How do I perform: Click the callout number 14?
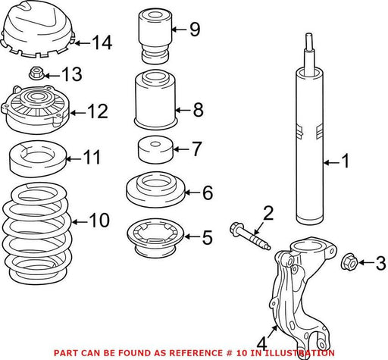pyautogui.click(x=102, y=42)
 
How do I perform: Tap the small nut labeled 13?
pyautogui.click(x=36, y=73)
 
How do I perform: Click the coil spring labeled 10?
pyautogui.click(x=37, y=233)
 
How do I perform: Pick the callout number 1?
pyautogui.click(x=345, y=161)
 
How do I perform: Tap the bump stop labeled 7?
pyautogui.click(x=155, y=150)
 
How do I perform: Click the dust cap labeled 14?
pyautogui.click(x=39, y=28)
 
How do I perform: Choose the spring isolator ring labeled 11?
pyautogui.click(x=38, y=158)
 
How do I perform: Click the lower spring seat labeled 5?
pyautogui.click(x=155, y=237)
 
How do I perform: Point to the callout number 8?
pyautogui.click(x=199, y=110)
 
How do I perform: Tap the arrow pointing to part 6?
pyautogui.click(x=193, y=193)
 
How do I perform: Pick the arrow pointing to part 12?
pyautogui.click(x=78, y=113)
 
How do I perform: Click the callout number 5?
pyautogui.click(x=208, y=237)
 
